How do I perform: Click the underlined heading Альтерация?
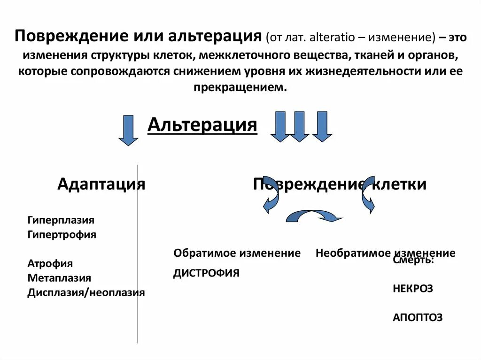click(x=202, y=125)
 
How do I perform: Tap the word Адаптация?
click(x=101, y=184)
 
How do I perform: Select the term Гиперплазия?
click(x=61, y=220)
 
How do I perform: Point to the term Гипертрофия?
click(x=62, y=235)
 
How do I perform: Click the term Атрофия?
click(x=50, y=264)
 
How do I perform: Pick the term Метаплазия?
click(x=59, y=278)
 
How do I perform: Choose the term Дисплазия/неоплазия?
click(x=86, y=293)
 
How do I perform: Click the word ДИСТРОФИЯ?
click(x=206, y=273)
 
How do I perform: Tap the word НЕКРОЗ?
click(x=413, y=289)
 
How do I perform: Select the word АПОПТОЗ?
click(x=418, y=318)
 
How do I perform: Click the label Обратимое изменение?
click(x=237, y=253)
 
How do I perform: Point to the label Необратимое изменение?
click(x=385, y=253)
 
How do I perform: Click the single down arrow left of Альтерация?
click(x=128, y=130)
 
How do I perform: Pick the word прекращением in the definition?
click(x=240, y=87)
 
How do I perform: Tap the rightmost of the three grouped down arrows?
click(x=322, y=126)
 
